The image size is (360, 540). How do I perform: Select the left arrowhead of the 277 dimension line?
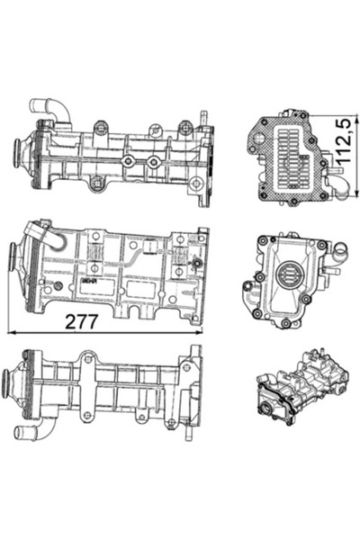[11, 332]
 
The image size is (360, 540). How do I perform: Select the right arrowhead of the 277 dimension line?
[200, 332]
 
